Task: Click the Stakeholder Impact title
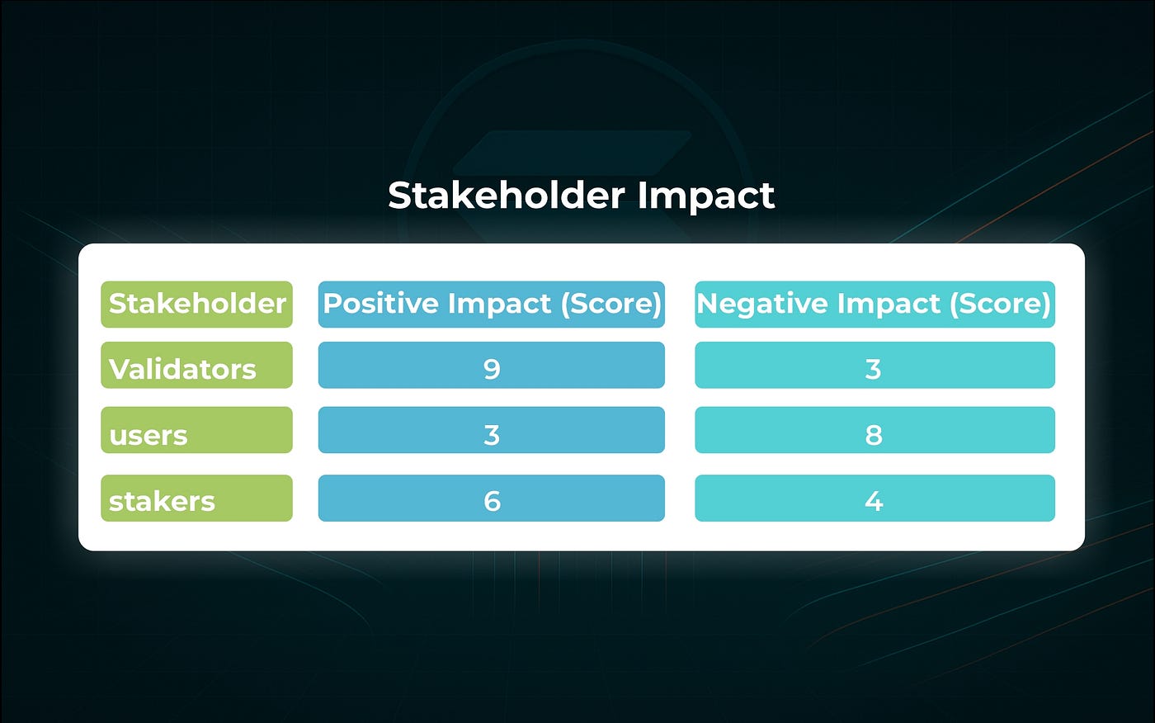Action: coord(581,196)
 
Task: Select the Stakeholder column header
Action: coord(196,304)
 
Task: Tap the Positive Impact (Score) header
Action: coord(492,304)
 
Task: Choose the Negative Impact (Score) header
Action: coord(874,304)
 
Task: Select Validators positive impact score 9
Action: coord(492,368)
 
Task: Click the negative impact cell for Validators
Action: coord(874,368)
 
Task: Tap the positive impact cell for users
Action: coord(492,434)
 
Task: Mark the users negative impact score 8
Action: coord(874,434)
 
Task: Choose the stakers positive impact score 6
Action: coord(492,500)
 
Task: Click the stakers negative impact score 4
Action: coord(874,500)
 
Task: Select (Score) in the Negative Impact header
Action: coord(1000,304)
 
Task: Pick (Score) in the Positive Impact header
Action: coord(611,304)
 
